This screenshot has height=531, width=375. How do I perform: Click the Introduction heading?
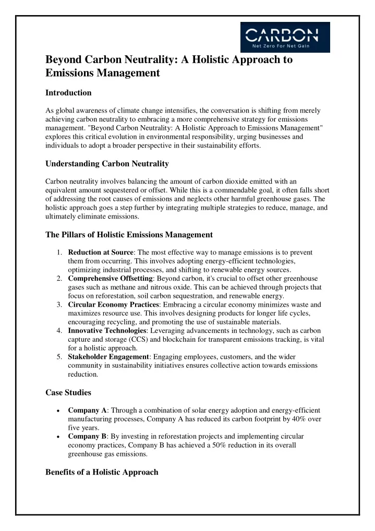coord(68,93)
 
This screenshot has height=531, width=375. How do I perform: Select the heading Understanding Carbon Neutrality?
coord(106,164)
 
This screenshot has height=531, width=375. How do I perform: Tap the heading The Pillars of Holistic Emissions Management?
coord(128,235)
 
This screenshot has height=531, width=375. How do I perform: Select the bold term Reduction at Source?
coord(100,252)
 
